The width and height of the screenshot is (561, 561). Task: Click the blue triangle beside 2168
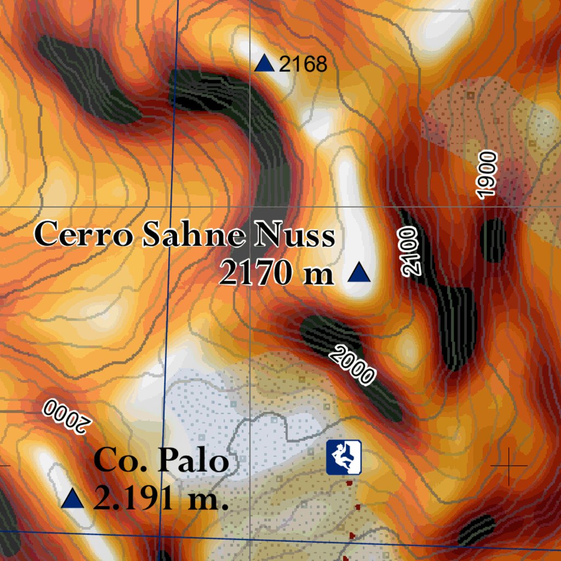(x=265, y=64)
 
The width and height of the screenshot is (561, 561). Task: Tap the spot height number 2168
(x=303, y=65)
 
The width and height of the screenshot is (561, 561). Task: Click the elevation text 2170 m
(x=277, y=272)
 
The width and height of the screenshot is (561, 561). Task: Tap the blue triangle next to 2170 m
(x=359, y=273)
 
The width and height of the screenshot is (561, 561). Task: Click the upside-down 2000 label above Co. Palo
(x=66, y=416)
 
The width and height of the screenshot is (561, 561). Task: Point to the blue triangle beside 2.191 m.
(x=73, y=499)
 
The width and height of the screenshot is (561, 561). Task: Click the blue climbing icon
(x=344, y=457)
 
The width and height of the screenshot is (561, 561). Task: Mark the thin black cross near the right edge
(x=509, y=466)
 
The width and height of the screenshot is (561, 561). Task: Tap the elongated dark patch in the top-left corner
(x=88, y=77)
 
